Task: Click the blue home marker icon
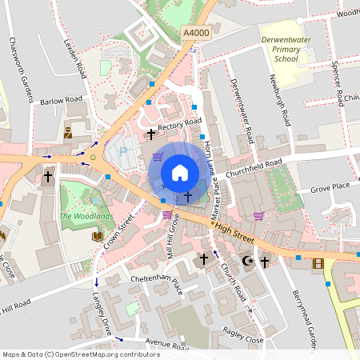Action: tap(179, 173)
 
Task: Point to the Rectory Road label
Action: tap(180, 124)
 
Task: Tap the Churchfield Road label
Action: tap(254, 169)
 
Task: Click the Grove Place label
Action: tap(330, 186)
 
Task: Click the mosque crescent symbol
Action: tap(247, 261)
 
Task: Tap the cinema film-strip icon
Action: tap(318, 263)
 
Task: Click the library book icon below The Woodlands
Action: tap(98, 236)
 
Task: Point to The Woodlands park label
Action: tap(86, 216)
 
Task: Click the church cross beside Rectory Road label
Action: tap(150, 136)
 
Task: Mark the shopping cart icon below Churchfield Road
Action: tap(258, 215)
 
